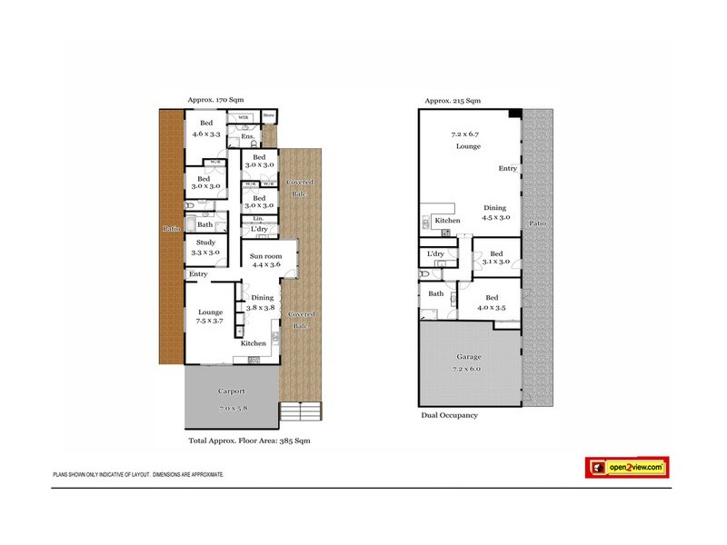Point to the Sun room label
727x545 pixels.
coord(265,257)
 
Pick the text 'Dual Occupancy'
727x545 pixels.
coord(449,415)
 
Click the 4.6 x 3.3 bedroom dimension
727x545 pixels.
coord(207,134)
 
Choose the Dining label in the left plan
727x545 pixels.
coord(262,298)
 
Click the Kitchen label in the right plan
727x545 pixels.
coord(448,221)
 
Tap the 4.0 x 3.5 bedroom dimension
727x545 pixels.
coord(492,308)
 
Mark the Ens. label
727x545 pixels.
coord(247,137)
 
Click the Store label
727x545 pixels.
coord(269,115)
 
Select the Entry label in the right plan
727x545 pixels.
coord(508,169)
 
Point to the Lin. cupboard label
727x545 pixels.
coord(245,218)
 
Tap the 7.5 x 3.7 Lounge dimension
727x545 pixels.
coord(209,321)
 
